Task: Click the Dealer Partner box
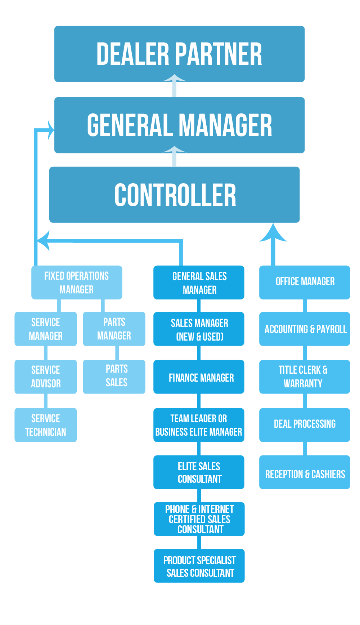179,54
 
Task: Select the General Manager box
179,125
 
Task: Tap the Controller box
175,194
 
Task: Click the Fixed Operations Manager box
77,283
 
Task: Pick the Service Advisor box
46,377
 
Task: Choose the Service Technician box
46,425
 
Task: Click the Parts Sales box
114,377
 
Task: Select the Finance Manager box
199,377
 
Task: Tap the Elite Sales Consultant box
199,472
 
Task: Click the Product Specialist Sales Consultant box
199,566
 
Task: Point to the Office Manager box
305,282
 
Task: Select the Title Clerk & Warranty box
305,377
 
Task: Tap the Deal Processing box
305,425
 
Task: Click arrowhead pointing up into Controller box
273,233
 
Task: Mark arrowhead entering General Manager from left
50,130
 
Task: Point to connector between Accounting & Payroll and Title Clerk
305,353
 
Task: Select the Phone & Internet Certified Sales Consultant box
199,519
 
